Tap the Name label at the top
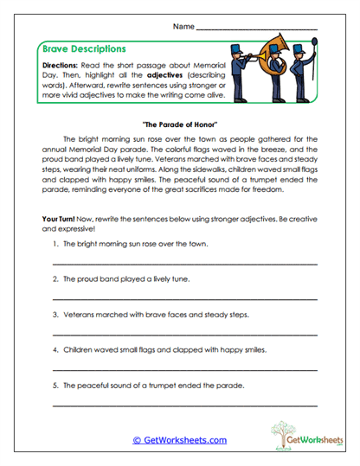click(x=183, y=27)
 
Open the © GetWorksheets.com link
click(x=179, y=440)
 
